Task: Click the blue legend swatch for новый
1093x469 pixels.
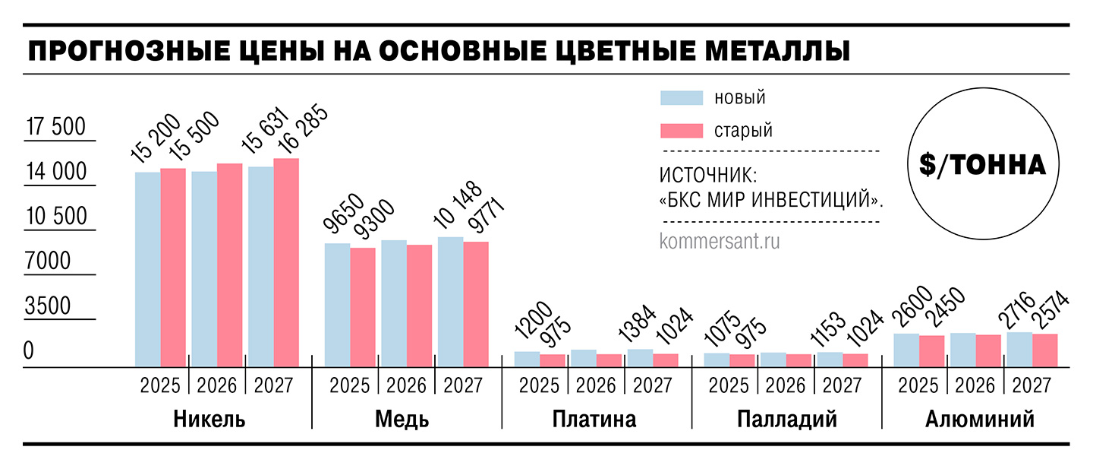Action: (682, 97)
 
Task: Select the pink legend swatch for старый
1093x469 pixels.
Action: (682, 130)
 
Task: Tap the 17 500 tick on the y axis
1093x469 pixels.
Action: (56, 127)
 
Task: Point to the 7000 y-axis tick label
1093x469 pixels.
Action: (48, 261)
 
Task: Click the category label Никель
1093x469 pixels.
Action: (209, 420)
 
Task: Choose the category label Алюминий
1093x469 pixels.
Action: (980, 420)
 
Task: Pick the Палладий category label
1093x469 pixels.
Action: (786, 420)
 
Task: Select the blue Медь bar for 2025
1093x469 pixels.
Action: (337, 305)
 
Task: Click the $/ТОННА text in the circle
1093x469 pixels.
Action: (982, 166)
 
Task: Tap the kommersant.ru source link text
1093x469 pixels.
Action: (720, 242)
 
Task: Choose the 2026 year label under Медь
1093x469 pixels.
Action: (406, 385)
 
